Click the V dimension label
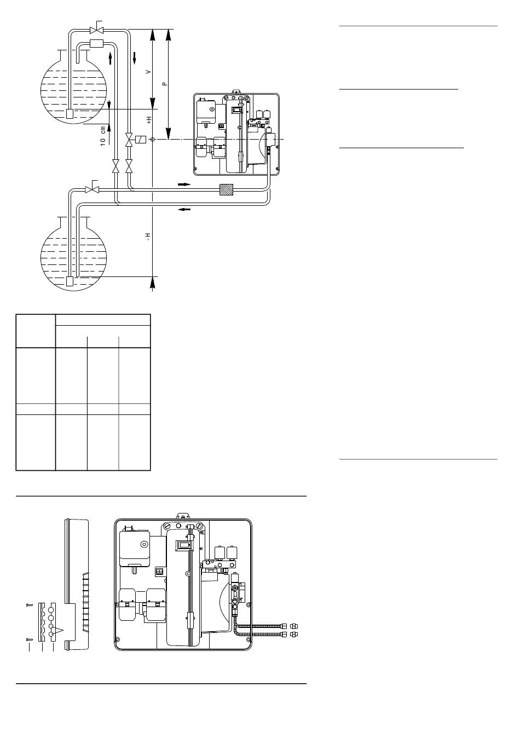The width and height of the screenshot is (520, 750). pyautogui.click(x=149, y=72)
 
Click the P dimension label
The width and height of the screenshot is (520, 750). pyautogui.click(x=164, y=84)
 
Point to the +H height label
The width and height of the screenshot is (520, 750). pyautogui.click(x=149, y=120)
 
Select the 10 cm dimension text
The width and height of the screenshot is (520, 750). pyautogui.click(x=103, y=135)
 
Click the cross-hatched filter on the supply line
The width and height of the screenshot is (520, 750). pyautogui.click(x=226, y=189)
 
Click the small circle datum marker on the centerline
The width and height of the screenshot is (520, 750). pyautogui.click(x=152, y=139)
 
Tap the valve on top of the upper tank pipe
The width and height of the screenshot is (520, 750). pyautogui.click(x=97, y=30)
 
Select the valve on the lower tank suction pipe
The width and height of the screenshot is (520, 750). pyautogui.click(x=92, y=189)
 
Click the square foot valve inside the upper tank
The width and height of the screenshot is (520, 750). pyautogui.click(x=70, y=114)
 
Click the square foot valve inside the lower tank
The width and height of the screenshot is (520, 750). pyautogui.click(x=70, y=281)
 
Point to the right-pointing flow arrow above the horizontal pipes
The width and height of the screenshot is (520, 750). pyautogui.click(x=184, y=184)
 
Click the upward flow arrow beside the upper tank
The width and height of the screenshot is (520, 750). pyautogui.click(x=110, y=58)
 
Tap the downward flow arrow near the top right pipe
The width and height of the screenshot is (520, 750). pyautogui.click(x=134, y=57)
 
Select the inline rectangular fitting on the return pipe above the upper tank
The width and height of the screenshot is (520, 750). pyautogui.click(x=97, y=44)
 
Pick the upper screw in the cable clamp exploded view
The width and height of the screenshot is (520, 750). pyautogui.click(x=29, y=605)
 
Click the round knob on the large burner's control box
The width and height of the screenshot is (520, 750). pyautogui.click(x=145, y=545)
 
